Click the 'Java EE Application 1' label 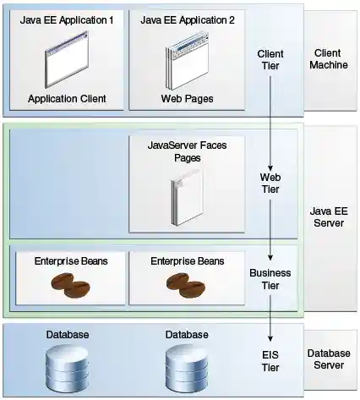point(67,19)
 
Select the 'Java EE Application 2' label point(183,19)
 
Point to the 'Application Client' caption point(67,98)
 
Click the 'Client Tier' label point(270,60)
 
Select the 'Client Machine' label point(329,58)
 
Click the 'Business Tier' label point(270,279)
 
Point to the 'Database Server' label point(329,359)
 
